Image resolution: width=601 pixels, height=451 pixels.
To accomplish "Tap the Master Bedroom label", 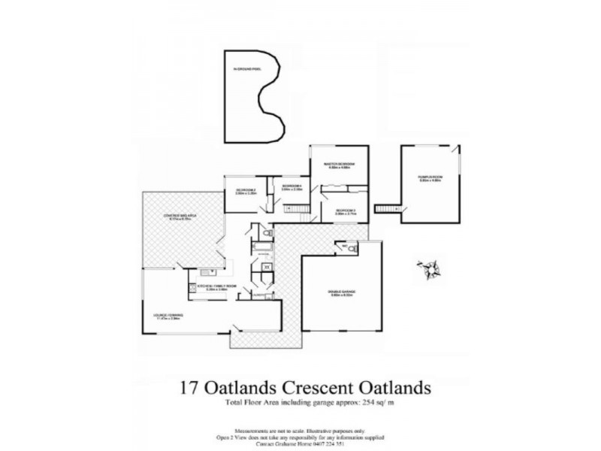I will pyautogui.click(x=339, y=165).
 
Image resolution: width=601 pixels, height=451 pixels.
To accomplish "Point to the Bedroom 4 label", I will pyautogui.click(x=291, y=187).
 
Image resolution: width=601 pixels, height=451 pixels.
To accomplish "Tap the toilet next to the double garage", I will pyautogui.click(x=350, y=247).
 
